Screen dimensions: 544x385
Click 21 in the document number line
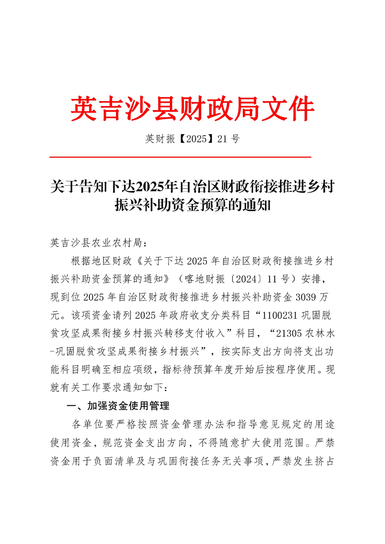click(223, 139)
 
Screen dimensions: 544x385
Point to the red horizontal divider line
click(180, 157)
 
